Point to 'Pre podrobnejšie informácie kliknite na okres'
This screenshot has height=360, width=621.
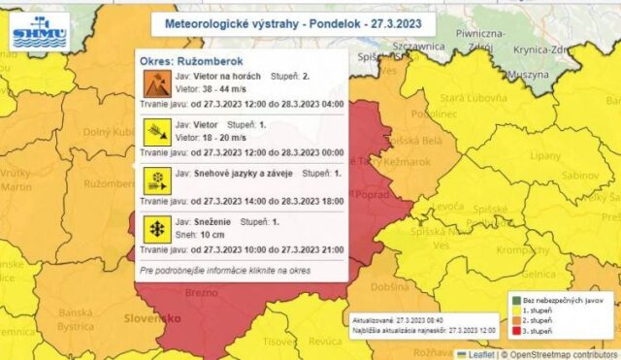[x=225, y=270]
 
